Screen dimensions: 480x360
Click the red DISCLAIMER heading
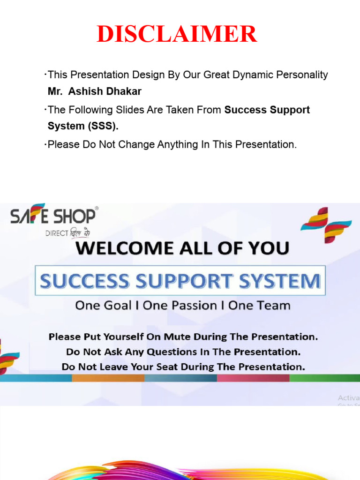click(177, 34)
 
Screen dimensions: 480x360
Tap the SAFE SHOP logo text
click(54, 216)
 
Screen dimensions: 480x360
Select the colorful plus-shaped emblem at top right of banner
click(326, 225)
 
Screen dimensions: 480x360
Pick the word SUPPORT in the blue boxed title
click(180, 281)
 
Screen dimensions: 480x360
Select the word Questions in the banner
click(171, 352)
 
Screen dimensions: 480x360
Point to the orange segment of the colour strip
click(108, 378)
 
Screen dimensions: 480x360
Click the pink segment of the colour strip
click(253, 378)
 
